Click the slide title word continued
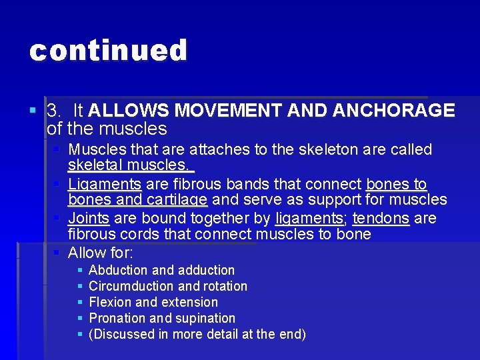point(108,51)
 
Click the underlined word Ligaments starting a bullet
point(105,184)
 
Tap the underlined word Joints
point(89,218)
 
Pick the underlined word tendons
point(381,218)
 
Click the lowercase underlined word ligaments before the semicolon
point(308,218)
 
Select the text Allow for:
point(101,253)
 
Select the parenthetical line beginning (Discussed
point(197,334)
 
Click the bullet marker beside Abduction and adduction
point(80,270)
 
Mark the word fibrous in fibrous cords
point(89,235)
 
